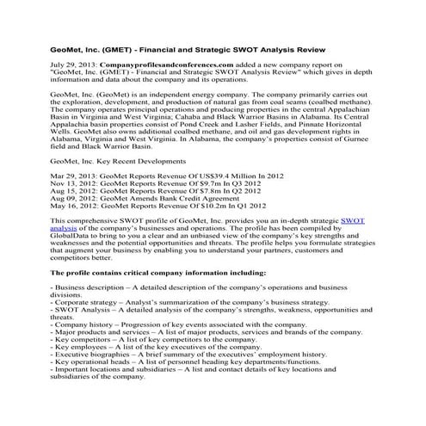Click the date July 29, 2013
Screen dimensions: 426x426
click(74, 65)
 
